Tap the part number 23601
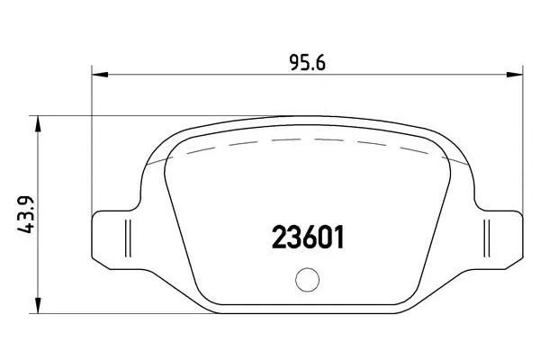click(308, 238)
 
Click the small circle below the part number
click(308, 282)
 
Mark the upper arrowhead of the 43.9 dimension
click(36, 123)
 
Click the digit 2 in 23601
click(279, 238)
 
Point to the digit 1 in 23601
click(338, 238)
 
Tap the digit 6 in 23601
click(309, 238)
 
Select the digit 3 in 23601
click(293, 238)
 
